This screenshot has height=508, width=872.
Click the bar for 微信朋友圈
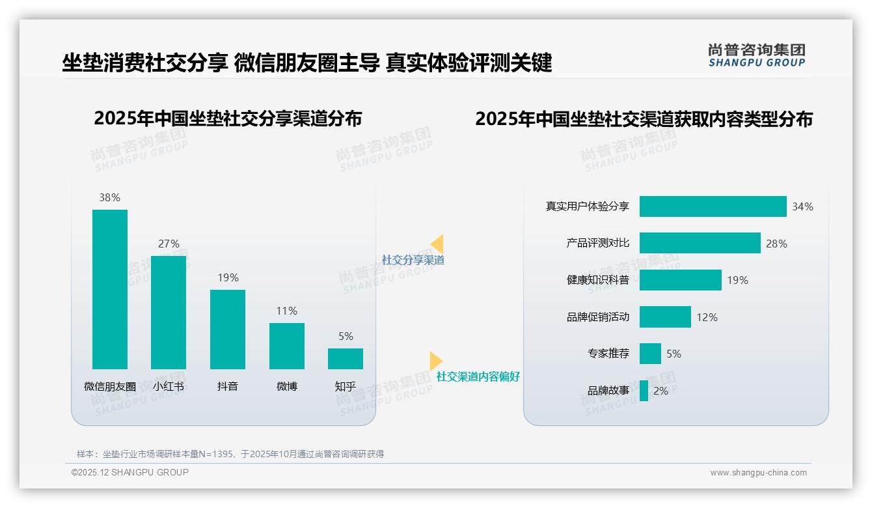tap(110, 289)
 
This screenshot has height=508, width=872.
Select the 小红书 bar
tap(169, 313)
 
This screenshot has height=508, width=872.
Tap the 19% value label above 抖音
tap(228, 277)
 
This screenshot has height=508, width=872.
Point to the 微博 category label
tap(287, 386)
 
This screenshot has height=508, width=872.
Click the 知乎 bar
tap(346, 359)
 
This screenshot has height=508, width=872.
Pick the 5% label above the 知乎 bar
tap(346, 336)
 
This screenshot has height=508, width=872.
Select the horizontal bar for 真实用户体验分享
tap(713, 206)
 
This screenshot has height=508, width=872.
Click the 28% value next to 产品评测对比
tap(776, 244)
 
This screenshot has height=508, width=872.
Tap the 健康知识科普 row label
tap(597, 280)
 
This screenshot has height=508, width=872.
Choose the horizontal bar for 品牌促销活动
tap(665, 317)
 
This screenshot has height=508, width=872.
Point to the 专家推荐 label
tap(608, 354)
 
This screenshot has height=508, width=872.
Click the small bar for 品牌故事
tap(644, 391)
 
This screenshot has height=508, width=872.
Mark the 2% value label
tap(661, 391)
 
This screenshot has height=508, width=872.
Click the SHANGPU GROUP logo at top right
tap(756, 55)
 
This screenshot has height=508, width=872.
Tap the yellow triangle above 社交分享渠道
tap(437, 244)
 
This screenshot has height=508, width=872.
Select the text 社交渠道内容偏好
tap(478, 376)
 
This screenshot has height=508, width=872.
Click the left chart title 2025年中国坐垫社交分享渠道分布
tap(228, 119)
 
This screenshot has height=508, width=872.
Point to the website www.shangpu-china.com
tap(758, 473)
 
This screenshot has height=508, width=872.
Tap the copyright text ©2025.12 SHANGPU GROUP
tap(130, 472)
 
